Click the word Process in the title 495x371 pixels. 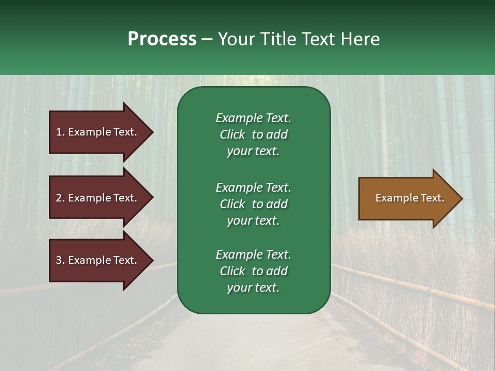[162, 39]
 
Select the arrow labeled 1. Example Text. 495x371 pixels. [98, 132]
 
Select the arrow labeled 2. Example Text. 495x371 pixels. [98, 198]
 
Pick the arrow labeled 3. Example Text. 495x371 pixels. [98, 260]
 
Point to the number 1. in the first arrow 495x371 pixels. [60, 132]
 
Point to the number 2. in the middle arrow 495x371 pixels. [60, 198]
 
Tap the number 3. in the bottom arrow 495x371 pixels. [60, 260]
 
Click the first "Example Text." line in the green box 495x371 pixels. [253, 118]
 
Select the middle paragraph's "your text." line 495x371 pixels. [253, 221]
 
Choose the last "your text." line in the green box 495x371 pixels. [253, 288]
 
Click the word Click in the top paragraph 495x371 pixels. [232, 134]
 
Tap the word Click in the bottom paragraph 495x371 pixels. [232, 271]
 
